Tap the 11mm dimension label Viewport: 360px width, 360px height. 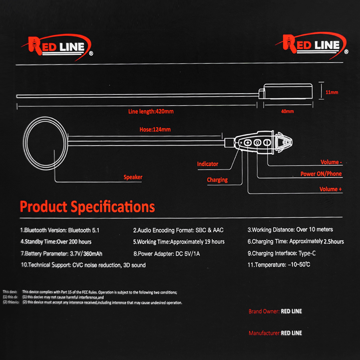point(332,92)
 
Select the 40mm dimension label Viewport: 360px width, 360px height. point(287,111)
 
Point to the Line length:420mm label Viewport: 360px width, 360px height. point(151,111)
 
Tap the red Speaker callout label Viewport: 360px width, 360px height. point(133,177)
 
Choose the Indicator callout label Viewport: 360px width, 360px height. point(208,164)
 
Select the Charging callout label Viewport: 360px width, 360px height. point(217,180)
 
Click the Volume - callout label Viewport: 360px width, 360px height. point(331,162)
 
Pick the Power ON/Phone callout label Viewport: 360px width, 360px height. point(321,174)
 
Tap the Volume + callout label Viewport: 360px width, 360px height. point(330,189)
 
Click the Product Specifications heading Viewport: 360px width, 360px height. point(87,207)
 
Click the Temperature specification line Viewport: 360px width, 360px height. point(279,265)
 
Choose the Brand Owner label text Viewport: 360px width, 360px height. point(264,311)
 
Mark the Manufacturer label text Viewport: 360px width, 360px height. point(264,333)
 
